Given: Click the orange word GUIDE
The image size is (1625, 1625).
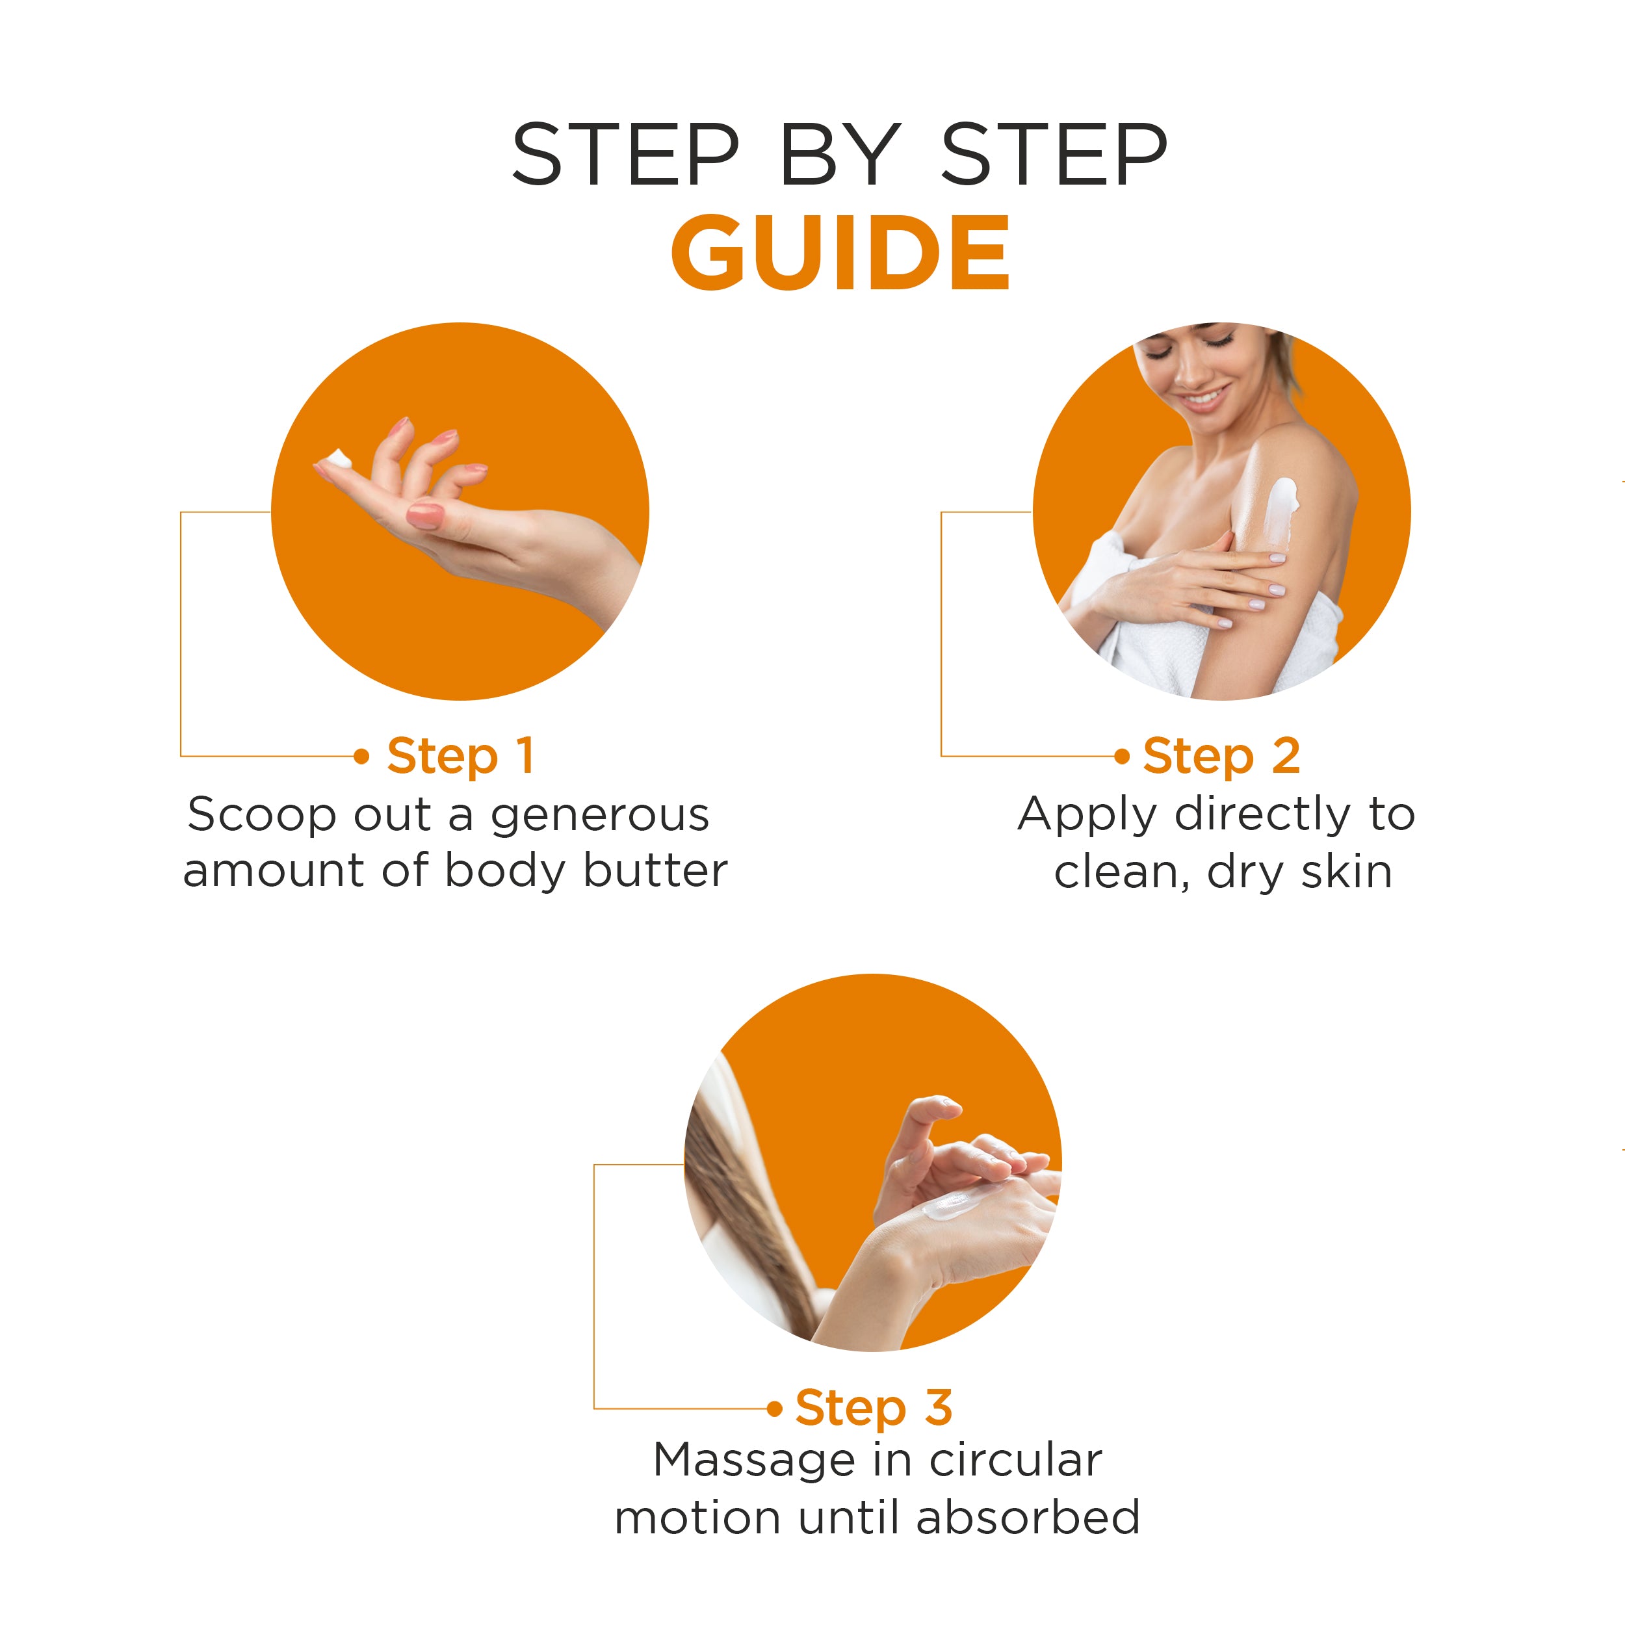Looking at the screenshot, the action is [x=840, y=252].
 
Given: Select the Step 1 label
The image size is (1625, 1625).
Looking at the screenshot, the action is [x=460, y=756].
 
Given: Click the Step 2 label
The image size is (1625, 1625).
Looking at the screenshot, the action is [x=1221, y=756].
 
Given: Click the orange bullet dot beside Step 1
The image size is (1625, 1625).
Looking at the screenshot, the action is [x=361, y=756].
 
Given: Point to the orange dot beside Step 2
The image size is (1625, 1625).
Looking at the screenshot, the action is [x=1121, y=756].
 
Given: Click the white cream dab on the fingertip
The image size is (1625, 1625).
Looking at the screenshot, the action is [x=337, y=460].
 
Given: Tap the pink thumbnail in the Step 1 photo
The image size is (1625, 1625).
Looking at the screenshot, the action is [x=424, y=515].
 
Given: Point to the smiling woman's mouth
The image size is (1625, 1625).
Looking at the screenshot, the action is [x=1205, y=397].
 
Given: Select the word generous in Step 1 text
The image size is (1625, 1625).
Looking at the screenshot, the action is [x=600, y=816].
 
